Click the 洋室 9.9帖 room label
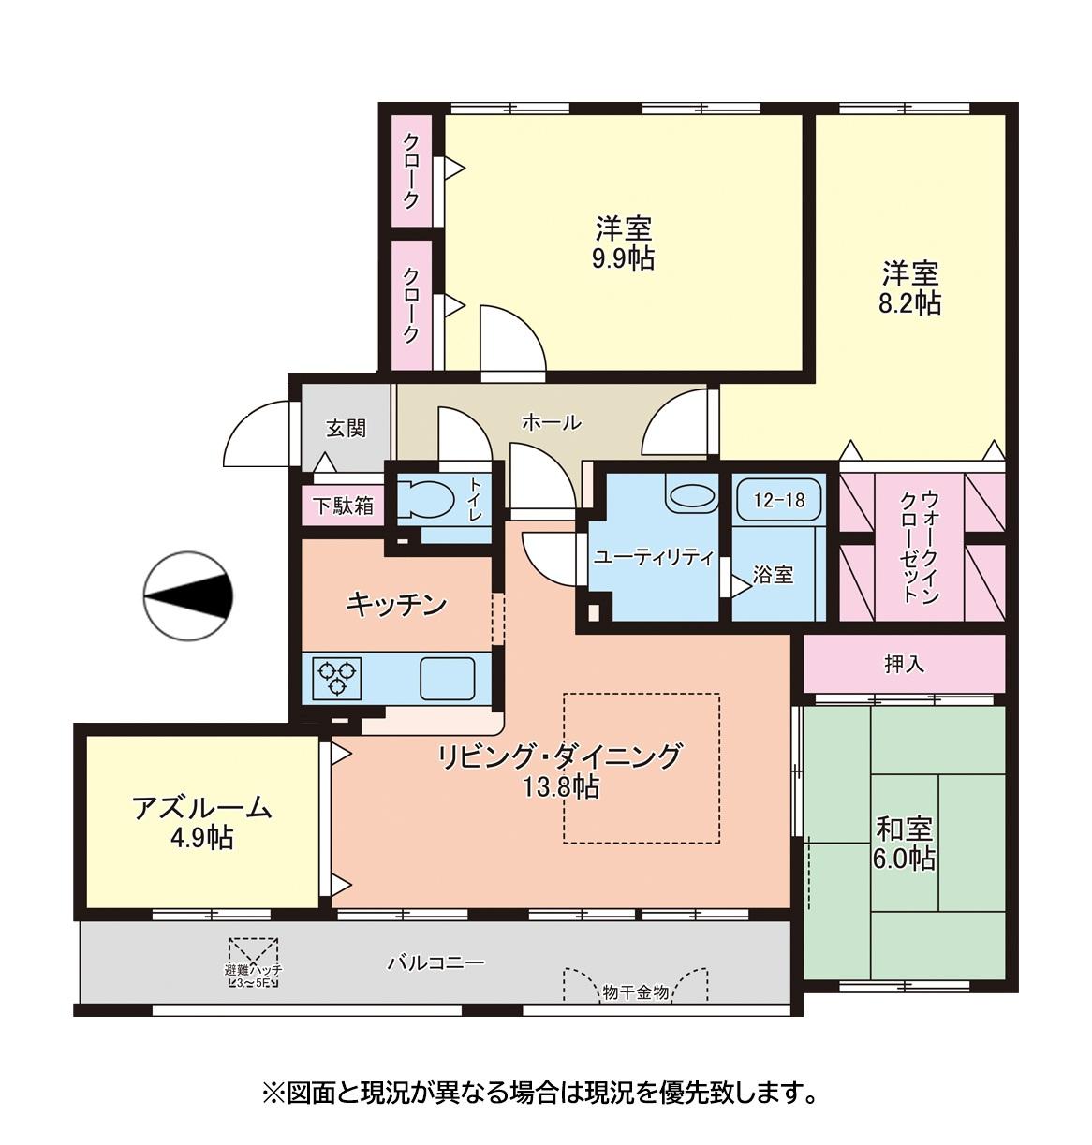pos(624,242)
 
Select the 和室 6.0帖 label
pos(904,843)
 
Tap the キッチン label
pos(395,605)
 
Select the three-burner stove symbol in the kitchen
pos(338,677)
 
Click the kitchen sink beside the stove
pos(447,677)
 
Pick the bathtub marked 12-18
pos(778,500)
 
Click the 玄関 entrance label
pos(346,429)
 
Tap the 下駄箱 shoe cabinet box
pos(343,506)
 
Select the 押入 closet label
pos(904,664)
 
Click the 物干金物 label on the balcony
pos(636,992)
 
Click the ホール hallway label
pos(551,422)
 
